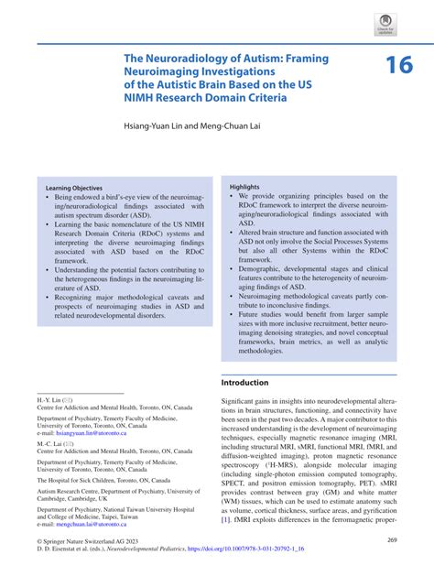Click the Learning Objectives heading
coord(72,185)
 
